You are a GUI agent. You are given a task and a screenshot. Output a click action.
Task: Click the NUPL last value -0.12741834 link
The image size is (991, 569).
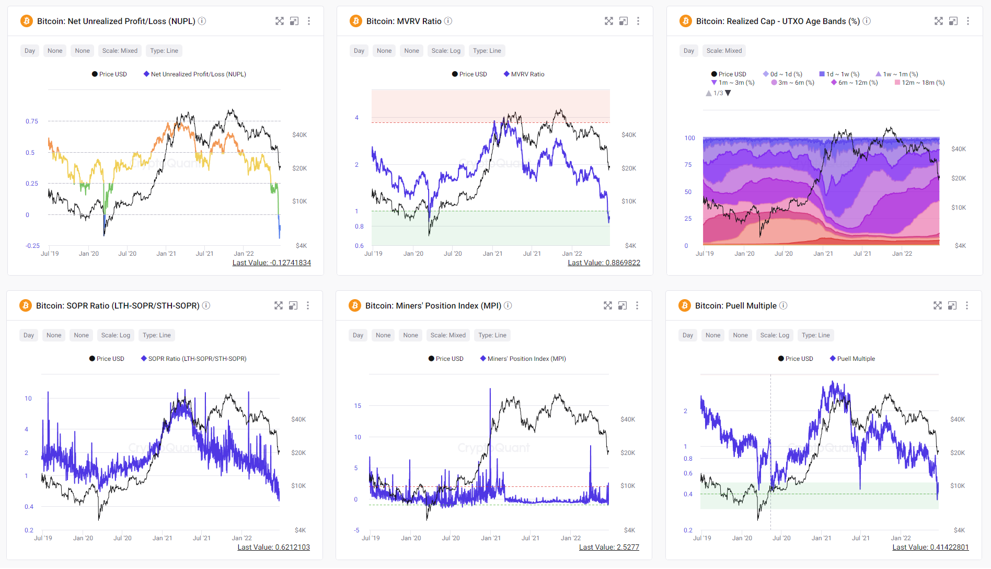pos(271,263)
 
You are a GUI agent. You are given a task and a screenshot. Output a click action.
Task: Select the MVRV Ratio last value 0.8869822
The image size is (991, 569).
pos(604,263)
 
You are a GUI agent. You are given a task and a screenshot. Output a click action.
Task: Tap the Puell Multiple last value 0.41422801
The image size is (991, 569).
pos(930,547)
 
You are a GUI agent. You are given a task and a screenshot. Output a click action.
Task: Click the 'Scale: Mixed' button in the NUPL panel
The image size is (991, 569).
pos(120,51)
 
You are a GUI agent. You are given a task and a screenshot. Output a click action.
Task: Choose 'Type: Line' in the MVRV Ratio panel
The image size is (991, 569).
pos(487,51)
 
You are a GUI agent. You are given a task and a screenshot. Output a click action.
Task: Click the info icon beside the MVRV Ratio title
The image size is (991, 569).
pos(448,21)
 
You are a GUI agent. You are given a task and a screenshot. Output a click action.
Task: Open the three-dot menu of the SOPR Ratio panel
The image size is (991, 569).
pos(308,305)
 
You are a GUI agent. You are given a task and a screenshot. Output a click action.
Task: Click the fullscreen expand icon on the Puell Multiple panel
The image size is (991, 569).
pos(938,305)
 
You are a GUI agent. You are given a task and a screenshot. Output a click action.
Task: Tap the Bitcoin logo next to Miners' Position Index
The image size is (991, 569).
pos(355,305)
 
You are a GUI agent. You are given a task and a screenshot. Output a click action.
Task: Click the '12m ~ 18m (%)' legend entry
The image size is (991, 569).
pos(919,83)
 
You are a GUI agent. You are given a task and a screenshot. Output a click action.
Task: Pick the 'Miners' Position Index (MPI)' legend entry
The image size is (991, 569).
pos(523,359)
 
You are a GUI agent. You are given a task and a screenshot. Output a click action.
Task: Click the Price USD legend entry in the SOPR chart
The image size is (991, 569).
pos(107,359)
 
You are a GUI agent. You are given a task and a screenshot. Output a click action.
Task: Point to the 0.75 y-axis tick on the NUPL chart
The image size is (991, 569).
pos(32,121)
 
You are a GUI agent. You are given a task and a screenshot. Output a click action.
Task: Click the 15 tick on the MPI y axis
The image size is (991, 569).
pos(358,406)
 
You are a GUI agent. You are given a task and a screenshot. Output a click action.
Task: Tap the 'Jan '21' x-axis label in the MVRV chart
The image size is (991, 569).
pos(492,254)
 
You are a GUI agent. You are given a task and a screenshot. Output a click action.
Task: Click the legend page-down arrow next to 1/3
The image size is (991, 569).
pos(728,93)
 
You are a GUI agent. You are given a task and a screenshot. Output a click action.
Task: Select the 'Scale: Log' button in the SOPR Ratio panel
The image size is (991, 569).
pos(116,335)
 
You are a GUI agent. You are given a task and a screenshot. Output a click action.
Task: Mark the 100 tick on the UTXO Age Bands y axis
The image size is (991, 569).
pos(689,138)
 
